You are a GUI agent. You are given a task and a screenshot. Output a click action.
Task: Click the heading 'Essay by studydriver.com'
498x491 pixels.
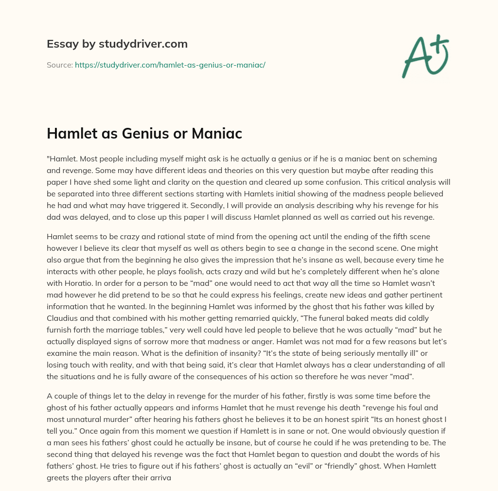coord(117,44)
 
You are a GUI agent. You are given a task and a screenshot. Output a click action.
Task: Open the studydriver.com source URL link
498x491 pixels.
coord(170,65)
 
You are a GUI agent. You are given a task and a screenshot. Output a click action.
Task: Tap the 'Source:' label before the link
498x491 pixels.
coord(59,65)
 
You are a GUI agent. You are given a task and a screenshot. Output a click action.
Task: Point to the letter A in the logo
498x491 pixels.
coord(417,56)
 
